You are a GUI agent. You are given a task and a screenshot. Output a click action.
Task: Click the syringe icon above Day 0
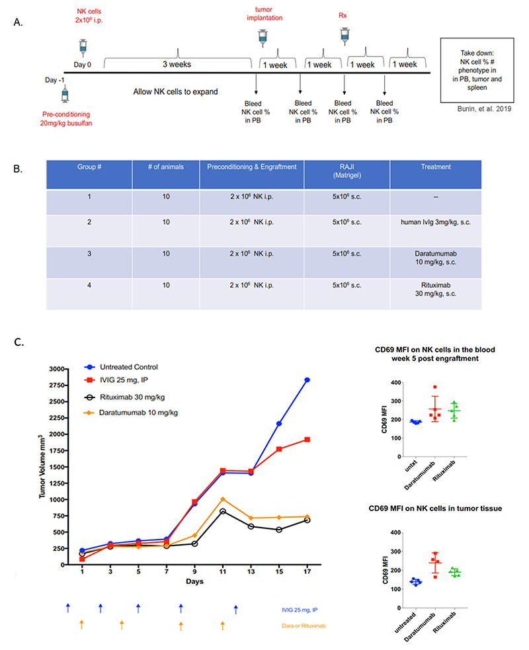point(83,47)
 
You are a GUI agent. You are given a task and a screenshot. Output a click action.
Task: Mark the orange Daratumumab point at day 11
point(223,499)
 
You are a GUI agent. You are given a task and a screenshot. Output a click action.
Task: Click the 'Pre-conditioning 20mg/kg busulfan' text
point(64,117)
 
